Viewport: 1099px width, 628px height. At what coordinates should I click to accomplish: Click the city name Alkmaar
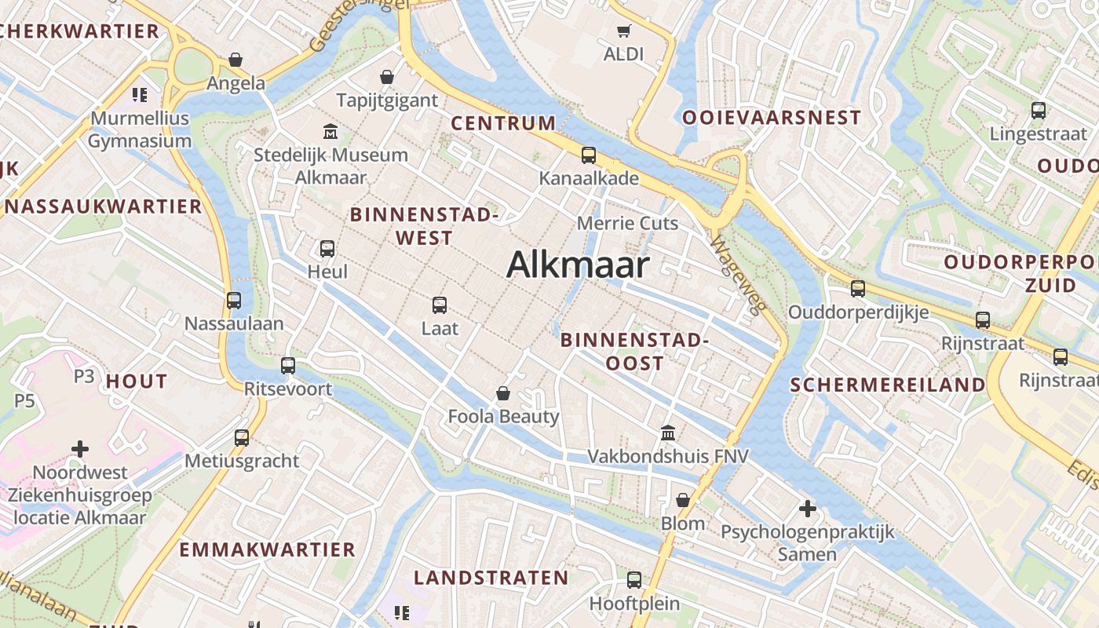(578, 265)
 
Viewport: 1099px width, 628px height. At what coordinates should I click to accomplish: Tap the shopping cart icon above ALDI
(623, 31)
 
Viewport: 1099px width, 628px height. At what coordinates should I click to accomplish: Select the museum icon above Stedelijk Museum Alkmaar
(330, 131)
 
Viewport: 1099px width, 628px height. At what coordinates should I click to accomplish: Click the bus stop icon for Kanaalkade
(588, 155)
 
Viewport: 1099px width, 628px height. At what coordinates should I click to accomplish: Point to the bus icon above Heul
(327, 249)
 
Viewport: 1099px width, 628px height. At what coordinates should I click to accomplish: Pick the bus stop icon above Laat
(440, 305)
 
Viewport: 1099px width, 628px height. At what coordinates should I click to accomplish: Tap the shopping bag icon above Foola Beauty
(503, 393)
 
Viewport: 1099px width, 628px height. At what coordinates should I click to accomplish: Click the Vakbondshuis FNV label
(668, 456)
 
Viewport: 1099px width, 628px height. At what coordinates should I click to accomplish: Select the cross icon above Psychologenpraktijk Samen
(807, 509)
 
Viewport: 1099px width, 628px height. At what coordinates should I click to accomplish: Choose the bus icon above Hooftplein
(634, 580)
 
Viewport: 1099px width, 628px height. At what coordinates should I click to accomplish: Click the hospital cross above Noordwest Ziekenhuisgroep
(80, 449)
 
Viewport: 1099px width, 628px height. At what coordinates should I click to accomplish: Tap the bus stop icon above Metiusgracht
(242, 437)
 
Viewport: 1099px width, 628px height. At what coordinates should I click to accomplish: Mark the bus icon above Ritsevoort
(288, 365)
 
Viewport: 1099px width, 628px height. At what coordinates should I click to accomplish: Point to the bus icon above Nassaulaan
(234, 300)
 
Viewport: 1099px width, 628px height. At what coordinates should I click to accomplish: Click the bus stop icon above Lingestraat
(1039, 111)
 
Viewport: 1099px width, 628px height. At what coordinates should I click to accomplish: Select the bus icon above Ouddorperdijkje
(858, 289)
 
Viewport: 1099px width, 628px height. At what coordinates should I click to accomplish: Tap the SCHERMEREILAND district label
(887, 385)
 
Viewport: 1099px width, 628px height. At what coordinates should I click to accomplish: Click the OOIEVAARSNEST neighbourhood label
(772, 118)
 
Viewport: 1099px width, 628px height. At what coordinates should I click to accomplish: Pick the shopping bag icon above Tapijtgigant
(387, 77)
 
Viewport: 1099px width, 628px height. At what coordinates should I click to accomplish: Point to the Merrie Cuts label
(627, 224)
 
